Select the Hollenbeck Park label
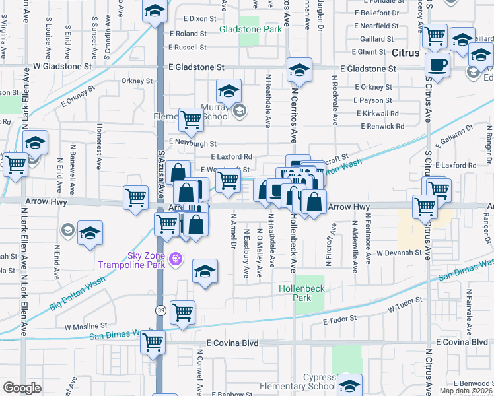[x=294, y=293]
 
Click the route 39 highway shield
[x=160, y=310]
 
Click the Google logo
[x=22, y=387]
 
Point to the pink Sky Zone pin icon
[x=175, y=258]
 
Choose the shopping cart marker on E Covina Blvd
[x=153, y=342]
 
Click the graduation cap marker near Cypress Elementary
[x=349, y=384]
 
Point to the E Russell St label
[x=188, y=48]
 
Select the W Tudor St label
[x=404, y=307]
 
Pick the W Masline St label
[x=86, y=326]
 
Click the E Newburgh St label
[x=192, y=142]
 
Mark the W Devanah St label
[x=398, y=253]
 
